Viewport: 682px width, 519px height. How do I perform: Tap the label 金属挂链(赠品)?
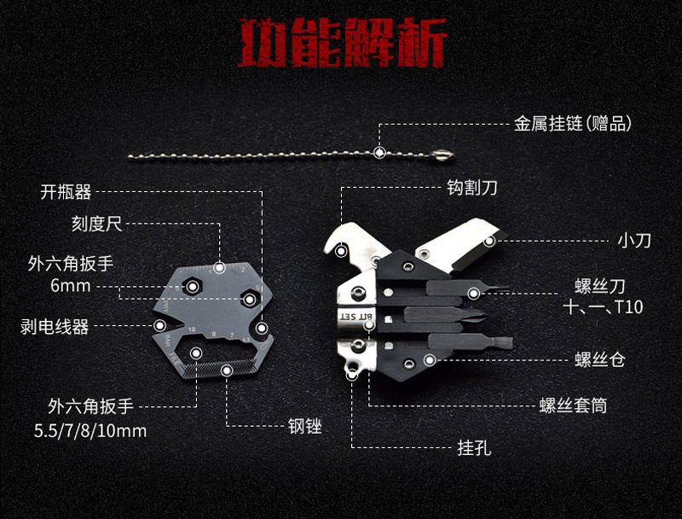[572, 124]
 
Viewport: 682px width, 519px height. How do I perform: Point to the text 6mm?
[70, 285]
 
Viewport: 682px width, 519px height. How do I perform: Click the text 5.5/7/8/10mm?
[85, 430]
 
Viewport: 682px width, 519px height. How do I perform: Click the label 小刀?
[633, 241]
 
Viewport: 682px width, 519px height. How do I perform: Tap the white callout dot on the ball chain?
[379, 153]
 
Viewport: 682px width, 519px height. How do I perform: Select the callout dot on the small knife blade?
[489, 242]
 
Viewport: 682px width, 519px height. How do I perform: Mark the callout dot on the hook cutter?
[340, 251]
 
